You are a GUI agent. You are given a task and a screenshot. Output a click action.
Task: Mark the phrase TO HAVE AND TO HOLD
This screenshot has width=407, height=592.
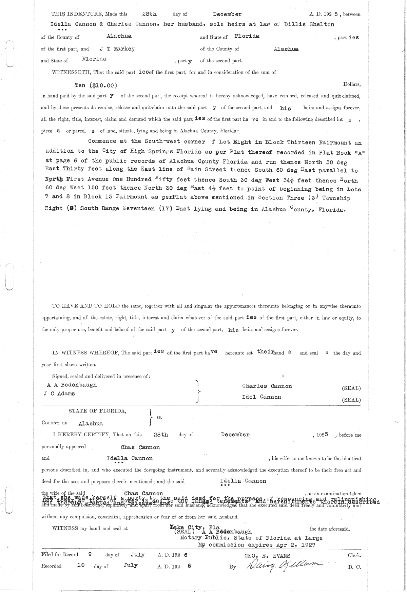86,306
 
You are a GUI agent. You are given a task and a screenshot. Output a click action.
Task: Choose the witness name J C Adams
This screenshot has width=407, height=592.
59,394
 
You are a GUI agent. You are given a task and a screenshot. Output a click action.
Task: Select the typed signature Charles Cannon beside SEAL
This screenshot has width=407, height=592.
267,386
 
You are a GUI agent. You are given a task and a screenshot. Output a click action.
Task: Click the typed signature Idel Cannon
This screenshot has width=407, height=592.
261,397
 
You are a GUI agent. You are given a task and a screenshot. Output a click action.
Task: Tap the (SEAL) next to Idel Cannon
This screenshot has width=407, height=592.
351,400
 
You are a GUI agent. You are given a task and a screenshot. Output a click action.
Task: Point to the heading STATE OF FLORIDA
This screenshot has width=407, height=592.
97,411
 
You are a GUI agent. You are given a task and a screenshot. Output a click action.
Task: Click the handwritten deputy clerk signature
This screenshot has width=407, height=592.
282,565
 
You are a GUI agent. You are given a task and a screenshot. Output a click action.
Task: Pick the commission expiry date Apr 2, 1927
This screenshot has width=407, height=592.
297,545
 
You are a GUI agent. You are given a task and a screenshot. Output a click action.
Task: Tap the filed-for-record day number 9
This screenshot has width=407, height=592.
90,555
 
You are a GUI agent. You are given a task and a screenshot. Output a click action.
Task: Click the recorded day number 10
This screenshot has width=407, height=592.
81,566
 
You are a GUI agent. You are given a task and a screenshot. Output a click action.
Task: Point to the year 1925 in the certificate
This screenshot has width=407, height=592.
322,435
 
